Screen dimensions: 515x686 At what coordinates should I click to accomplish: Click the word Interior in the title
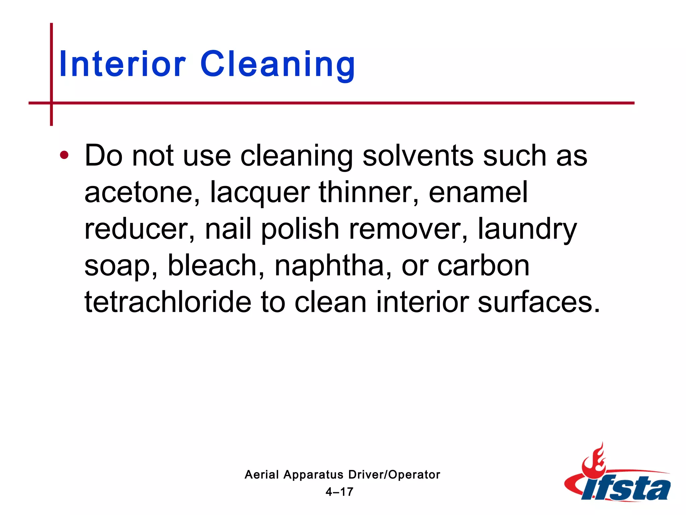click(x=122, y=64)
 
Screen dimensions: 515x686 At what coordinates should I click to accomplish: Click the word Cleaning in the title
click(x=278, y=64)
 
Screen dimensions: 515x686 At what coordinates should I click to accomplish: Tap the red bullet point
click(x=64, y=155)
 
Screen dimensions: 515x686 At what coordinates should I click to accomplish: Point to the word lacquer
click(x=260, y=192)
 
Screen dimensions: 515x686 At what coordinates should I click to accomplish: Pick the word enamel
click(x=478, y=192)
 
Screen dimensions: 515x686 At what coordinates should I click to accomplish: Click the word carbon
click(x=483, y=266)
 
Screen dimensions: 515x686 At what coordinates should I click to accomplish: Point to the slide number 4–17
click(x=339, y=492)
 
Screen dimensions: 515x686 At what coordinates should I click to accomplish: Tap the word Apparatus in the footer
click(x=313, y=475)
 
